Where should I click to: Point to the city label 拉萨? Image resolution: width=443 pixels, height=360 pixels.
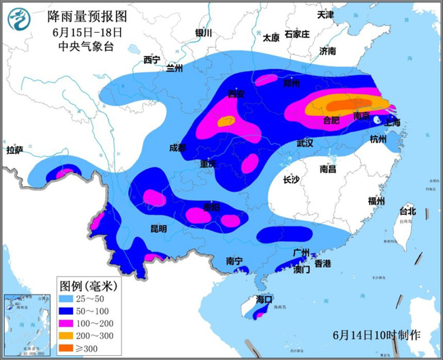click(15, 150)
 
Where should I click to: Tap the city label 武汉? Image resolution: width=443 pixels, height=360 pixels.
click(305, 143)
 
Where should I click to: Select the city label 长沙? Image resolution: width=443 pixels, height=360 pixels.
click(291, 179)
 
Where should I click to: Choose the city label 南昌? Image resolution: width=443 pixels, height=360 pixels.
click(328, 168)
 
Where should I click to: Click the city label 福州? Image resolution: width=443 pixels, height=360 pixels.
click(376, 200)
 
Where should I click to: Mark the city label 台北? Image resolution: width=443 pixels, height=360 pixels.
click(407, 211)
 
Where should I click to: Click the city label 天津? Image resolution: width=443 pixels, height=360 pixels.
click(326, 14)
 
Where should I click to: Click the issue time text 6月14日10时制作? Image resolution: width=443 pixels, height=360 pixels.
click(377, 335)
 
